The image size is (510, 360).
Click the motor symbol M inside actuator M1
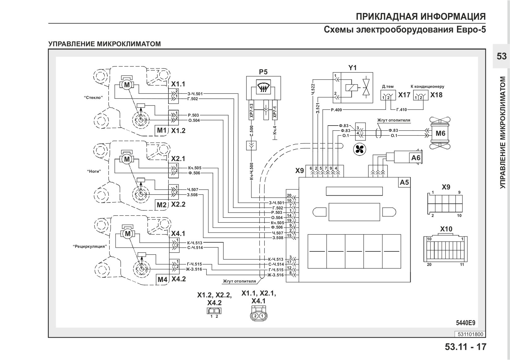[127, 85]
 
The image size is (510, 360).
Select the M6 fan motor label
[440, 133]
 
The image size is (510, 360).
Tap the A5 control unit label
[404, 182]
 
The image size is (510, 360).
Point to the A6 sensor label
[416, 158]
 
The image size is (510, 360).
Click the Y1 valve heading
[352, 68]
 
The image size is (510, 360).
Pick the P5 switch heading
[263, 72]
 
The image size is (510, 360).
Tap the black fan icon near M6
[359, 150]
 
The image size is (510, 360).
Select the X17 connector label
[404, 95]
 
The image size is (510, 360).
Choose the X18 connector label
[436, 95]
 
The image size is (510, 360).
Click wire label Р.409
[337, 110]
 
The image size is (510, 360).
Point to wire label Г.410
[401, 110]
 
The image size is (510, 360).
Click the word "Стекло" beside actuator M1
[93, 97]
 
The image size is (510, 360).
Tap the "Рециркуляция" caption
[90, 246]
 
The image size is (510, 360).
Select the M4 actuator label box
[162, 279]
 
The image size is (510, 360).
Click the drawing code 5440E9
[466, 323]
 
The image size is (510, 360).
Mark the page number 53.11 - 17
[465, 347]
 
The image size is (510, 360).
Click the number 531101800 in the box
[471, 334]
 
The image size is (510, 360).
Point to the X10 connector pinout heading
[446, 229]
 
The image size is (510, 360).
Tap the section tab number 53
[502, 56]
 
